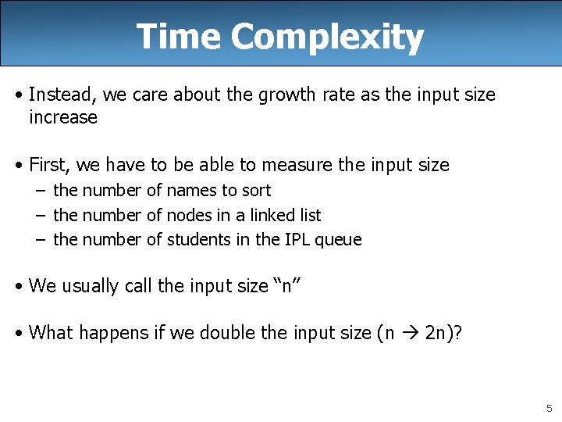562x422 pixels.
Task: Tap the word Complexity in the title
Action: click(327, 37)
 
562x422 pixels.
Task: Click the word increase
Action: click(63, 117)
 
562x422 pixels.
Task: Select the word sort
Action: click(256, 190)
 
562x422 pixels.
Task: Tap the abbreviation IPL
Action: click(295, 240)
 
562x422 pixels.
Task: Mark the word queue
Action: click(338, 240)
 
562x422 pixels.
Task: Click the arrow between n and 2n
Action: click(409, 333)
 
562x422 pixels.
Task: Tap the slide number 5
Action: click(549, 408)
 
